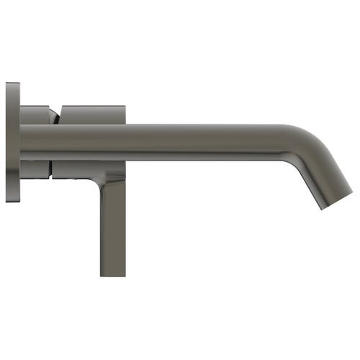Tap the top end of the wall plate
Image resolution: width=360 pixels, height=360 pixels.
coord(12,84)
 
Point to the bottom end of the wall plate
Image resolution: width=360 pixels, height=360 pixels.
coord(12,200)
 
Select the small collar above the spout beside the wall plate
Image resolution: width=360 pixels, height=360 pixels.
coord(34,115)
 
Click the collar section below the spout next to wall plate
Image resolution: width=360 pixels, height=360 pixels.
coord(34,168)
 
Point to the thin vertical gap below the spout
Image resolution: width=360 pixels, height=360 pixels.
coord(50,168)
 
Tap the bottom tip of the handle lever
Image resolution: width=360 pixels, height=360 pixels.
coord(113,274)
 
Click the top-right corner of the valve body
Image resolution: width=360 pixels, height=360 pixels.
coord(125,107)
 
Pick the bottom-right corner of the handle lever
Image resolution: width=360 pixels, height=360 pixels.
coord(125,275)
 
